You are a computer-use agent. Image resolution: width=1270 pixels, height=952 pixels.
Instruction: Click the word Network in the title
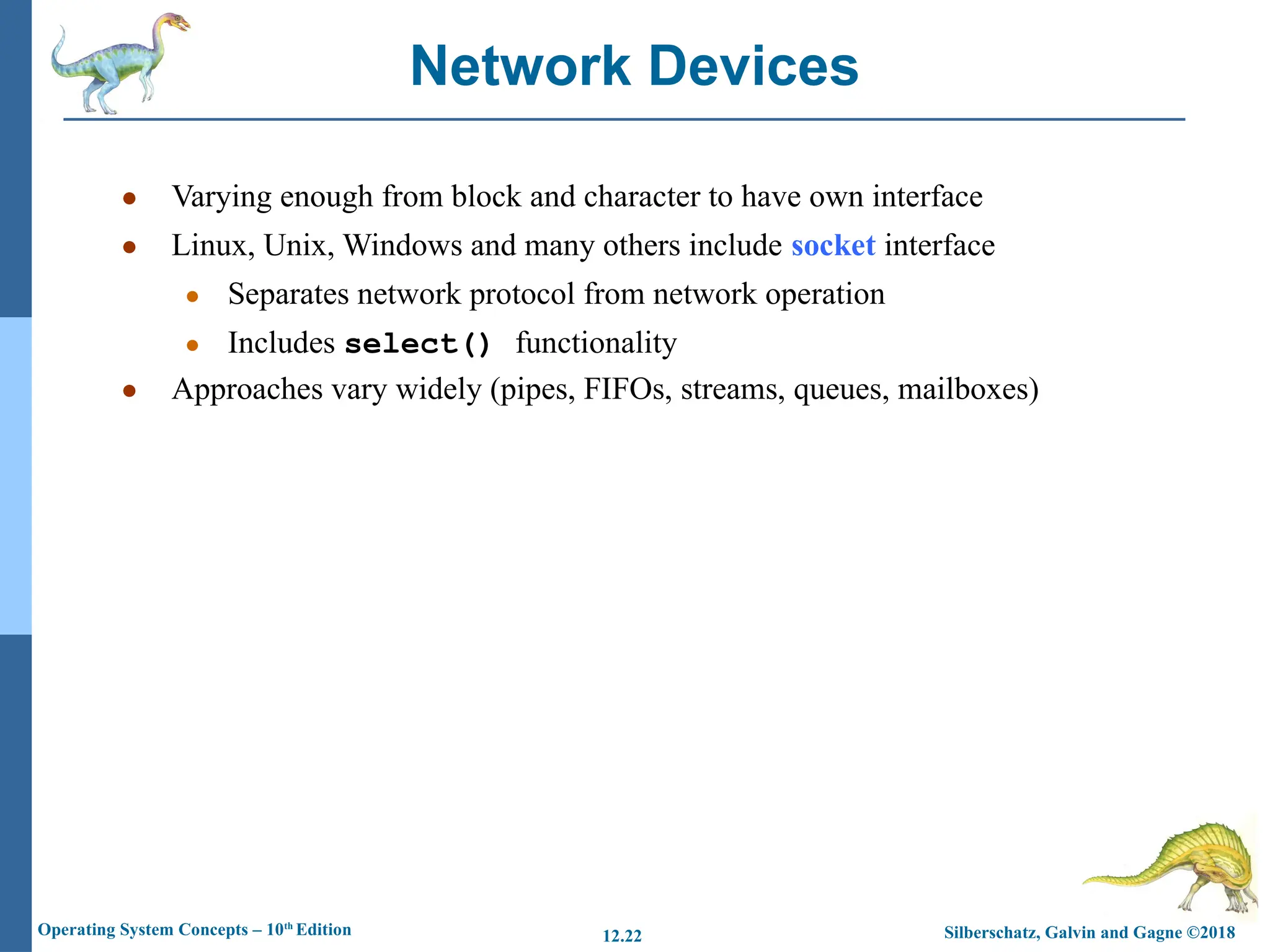tap(520, 66)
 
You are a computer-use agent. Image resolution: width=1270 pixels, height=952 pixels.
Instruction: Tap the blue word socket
tap(833, 245)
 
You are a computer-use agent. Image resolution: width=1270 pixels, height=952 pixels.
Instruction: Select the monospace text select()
tap(418, 344)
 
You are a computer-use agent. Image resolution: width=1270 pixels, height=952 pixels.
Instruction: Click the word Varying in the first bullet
tap(221, 197)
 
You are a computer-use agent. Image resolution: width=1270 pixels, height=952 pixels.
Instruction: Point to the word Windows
tap(402, 245)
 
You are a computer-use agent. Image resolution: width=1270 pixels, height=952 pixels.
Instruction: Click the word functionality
tap(596, 343)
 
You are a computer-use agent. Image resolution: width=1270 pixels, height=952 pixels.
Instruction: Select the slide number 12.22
tap(622, 936)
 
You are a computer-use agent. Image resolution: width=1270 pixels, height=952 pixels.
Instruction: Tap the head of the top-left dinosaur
tap(177, 24)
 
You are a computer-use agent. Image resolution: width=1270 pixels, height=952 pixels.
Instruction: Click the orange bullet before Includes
tap(192, 345)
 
